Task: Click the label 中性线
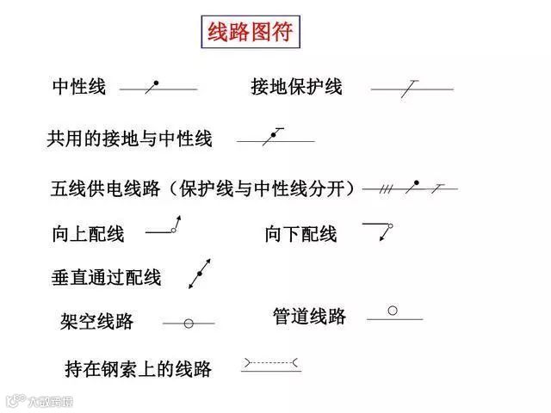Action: coord(78,87)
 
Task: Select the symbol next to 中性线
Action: coord(158,87)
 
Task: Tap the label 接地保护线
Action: coord(296,87)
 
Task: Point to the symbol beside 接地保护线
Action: coord(412,88)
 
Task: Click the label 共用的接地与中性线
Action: coord(129,139)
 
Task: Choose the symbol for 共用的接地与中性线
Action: coord(275,137)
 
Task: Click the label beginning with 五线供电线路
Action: coord(203,188)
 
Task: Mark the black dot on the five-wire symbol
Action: coord(417,183)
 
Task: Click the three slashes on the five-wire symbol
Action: coord(387,188)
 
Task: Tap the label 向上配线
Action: coord(88,234)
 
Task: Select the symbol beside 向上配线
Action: coord(164,229)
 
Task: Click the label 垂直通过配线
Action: coord(107,278)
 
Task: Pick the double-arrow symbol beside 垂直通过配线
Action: coord(200,273)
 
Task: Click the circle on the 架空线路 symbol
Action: coord(189,324)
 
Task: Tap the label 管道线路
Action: coord(309,317)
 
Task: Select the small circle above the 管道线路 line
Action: coord(393,310)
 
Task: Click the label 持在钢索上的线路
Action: coord(138,369)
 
